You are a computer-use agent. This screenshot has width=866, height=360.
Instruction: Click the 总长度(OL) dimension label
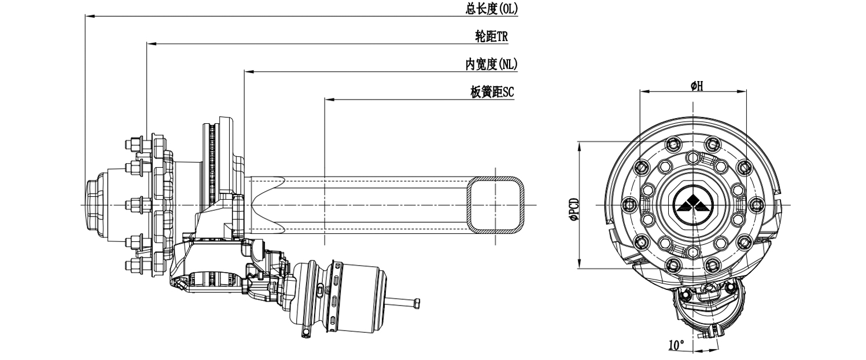click(x=491, y=9)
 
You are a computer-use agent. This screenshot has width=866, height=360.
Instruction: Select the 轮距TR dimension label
click(x=491, y=36)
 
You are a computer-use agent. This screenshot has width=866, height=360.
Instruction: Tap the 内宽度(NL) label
click(x=491, y=64)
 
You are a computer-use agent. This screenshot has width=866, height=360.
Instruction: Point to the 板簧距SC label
click(x=492, y=92)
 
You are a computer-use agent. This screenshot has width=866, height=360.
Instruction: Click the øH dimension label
click(x=697, y=86)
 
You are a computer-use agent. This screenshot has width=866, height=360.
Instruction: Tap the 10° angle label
click(x=676, y=344)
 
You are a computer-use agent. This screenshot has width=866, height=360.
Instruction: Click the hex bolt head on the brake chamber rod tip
click(x=417, y=303)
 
